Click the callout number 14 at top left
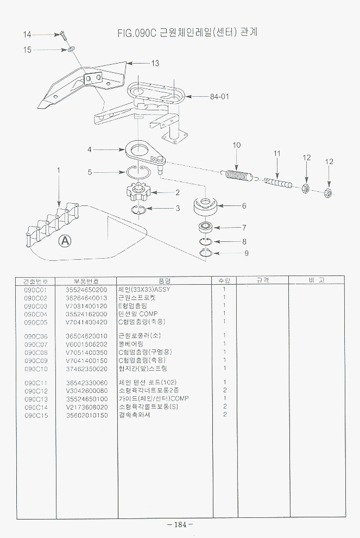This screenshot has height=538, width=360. point(28,35)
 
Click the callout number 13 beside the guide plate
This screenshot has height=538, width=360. point(155,64)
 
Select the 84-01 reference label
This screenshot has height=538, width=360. point(219,97)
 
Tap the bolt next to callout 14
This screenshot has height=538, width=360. point(62,37)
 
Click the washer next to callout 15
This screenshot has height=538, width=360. point(71,50)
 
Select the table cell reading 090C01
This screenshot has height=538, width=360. point(36,290)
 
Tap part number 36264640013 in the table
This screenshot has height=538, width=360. point(86,298)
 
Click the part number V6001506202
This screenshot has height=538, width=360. point(86,344)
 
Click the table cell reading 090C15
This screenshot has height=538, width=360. point(36,415)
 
